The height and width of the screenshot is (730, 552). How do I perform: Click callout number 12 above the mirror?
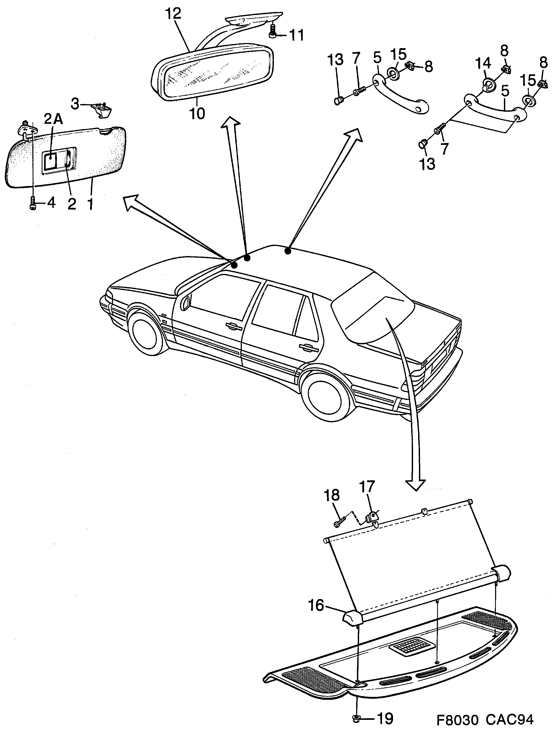174,14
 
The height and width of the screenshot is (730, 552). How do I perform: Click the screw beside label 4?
33,203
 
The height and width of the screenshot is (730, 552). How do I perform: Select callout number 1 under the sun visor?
90,204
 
